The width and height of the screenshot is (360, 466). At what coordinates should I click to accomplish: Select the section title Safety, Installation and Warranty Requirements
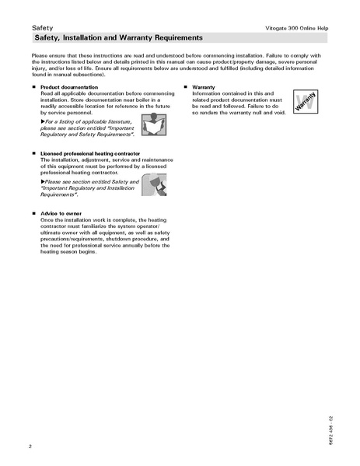click(119, 37)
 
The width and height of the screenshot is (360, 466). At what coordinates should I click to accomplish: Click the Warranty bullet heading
click(204, 88)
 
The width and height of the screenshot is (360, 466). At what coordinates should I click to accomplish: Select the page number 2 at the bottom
click(30, 446)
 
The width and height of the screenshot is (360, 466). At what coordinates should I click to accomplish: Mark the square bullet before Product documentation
click(33, 88)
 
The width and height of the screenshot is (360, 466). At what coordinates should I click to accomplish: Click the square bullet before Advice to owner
click(33, 212)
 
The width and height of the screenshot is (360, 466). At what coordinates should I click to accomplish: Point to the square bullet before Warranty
click(185, 88)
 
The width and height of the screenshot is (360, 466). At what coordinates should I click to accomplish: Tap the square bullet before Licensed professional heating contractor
click(33, 154)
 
